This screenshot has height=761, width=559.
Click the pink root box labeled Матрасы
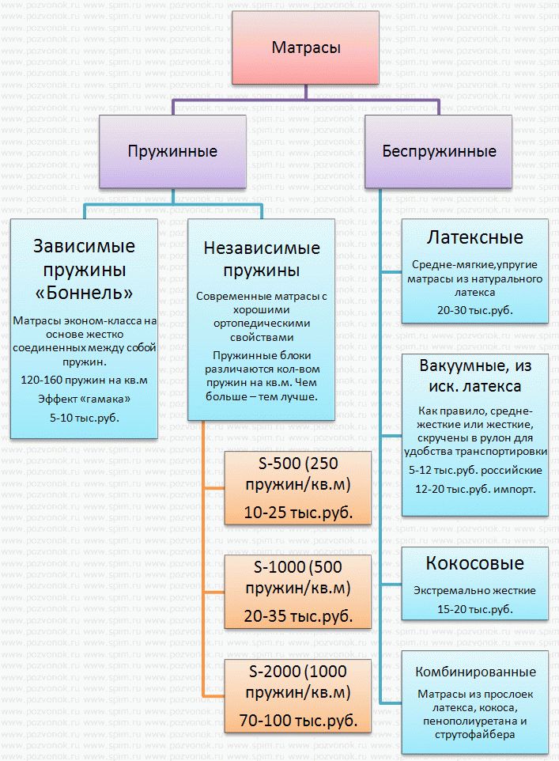306,48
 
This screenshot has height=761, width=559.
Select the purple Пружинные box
172,150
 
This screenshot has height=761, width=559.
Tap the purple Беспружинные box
439,150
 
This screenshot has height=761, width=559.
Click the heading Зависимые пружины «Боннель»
84,269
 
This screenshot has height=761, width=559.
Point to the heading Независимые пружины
262,259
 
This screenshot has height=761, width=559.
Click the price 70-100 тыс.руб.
297,721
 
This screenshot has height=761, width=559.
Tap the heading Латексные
474,237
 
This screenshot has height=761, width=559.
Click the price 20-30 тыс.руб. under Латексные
474,310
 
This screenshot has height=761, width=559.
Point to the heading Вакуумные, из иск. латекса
474,376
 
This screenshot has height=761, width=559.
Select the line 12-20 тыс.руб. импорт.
474,489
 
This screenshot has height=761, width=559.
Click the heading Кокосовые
474,563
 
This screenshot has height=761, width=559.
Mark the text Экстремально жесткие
474,590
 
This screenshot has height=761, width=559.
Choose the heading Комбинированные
474,672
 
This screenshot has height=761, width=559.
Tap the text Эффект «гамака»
84,398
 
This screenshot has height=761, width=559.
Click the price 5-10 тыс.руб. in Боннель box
84,415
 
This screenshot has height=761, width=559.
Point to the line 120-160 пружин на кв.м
84,380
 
